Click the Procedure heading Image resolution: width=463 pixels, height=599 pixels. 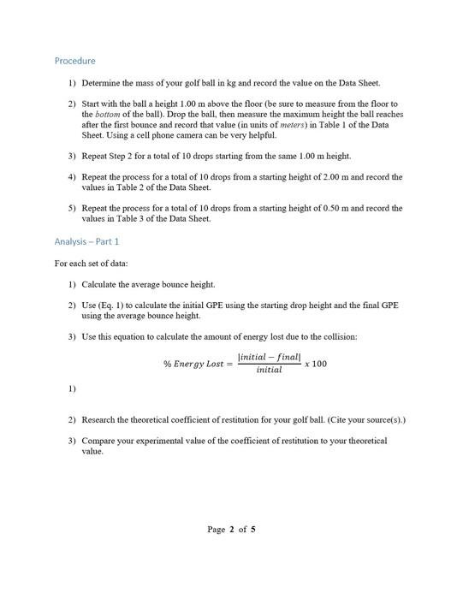pos(74,61)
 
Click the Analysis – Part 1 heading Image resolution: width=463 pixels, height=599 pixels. pos(86,241)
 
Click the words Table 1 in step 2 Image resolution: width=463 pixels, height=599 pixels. pos(340,125)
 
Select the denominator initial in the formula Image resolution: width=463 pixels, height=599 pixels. pos(269,371)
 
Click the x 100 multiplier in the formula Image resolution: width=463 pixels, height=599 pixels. pos(316,364)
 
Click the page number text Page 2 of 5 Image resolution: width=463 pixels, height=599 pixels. pos(231,529)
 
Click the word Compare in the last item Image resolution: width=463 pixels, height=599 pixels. pos(100,441)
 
